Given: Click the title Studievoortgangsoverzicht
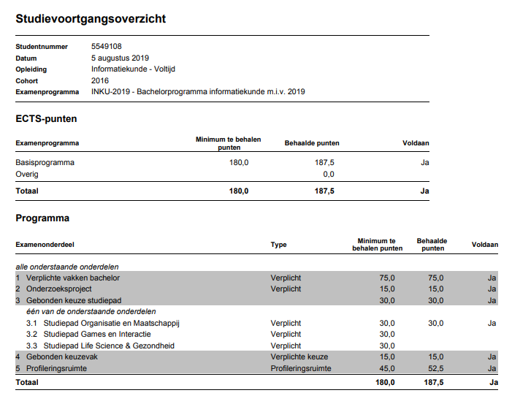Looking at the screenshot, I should pos(91,19).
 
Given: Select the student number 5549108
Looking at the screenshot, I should pos(107,47).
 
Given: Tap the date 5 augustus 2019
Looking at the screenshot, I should pos(121,58).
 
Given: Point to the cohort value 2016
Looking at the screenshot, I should pos(100,80).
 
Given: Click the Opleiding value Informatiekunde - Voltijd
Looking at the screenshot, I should pos(133,69).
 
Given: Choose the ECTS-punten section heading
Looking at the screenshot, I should pos(46,118).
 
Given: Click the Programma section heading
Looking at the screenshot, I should pos(42,218).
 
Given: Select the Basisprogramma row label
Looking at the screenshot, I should pos(45,162).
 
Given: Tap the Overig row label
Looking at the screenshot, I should pos(27,174).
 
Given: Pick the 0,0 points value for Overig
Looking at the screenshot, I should pos(328,174).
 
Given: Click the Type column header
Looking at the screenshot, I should pos(278,245).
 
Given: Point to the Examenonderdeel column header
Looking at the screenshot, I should pos(45,245).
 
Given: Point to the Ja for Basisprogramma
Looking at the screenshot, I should pos(424,162).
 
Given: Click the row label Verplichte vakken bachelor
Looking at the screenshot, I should pos(72,278).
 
